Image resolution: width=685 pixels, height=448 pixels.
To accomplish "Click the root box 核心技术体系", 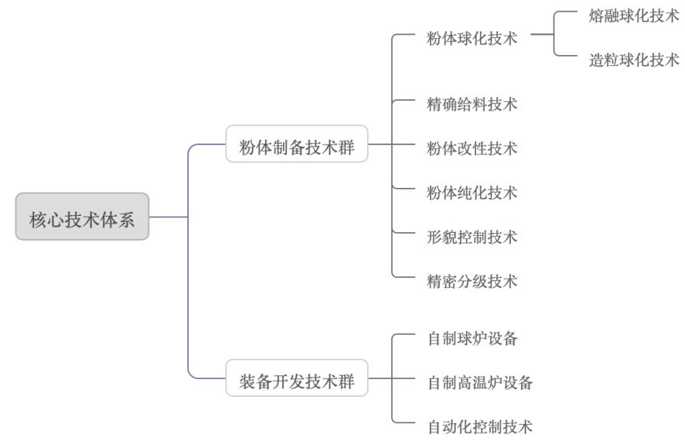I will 82,217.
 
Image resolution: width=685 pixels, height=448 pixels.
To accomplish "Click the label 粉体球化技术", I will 472,38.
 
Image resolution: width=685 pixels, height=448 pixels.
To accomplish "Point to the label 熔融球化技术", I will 634,16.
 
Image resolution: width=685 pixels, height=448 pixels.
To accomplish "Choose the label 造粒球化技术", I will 634,60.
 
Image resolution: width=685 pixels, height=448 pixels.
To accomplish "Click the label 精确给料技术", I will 472,104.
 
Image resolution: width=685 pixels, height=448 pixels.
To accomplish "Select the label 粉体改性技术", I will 472,148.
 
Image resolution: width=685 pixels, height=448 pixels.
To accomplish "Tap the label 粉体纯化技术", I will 472,192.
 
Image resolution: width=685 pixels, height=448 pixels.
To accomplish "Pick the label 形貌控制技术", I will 472,236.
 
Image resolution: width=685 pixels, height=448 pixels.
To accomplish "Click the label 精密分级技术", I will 472,280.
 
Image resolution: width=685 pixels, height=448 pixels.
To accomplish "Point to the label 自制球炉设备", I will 472,339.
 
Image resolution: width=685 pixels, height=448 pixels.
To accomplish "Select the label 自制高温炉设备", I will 480,382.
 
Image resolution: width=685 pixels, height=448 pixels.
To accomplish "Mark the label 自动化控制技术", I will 480,426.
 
